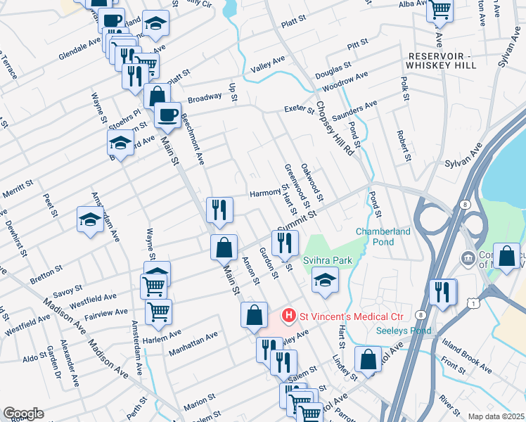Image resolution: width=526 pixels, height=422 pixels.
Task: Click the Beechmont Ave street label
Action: [x=193, y=139]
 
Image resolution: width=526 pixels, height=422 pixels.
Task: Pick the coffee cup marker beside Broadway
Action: [x=167, y=114]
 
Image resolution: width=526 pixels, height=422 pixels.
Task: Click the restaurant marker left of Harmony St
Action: [x=219, y=210]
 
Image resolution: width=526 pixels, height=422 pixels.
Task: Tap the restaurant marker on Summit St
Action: [x=285, y=243]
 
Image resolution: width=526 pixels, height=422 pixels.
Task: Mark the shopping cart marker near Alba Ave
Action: [x=440, y=9]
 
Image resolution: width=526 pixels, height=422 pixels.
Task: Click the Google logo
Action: [x=23, y=413]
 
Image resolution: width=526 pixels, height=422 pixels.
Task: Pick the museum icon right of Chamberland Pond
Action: [x=467, y=259]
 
